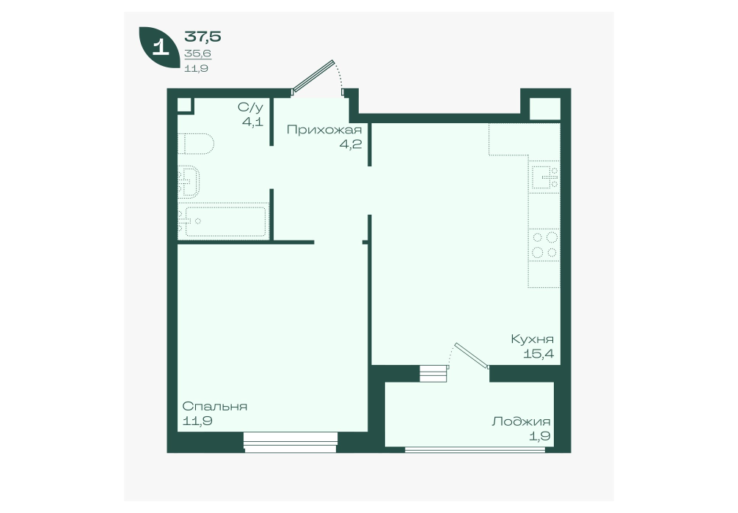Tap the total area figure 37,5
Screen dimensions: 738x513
[x=202, y=36]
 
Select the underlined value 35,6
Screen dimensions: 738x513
[x=197, y=53]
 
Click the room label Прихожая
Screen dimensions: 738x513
[x=324, y=130]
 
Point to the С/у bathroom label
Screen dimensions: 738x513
[x=250, y=107]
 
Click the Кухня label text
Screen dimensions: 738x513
[x=533, y=339]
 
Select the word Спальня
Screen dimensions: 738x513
[x=215, y=406]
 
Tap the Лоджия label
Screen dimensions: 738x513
[x=521, y=421]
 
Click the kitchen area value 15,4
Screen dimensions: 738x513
[x=538, y=353]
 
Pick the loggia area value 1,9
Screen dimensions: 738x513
[x=541, y=436]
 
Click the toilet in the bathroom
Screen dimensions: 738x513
[x=196, y=144]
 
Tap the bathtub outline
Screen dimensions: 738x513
[x=222, y=221]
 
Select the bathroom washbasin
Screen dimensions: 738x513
[x=189, y=182]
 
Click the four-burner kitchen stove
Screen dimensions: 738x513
[x=544, y=245]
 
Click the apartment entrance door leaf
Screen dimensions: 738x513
[x=313, y=75]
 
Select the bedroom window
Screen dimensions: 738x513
[x=291, y=443]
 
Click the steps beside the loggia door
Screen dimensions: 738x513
[x=433, y=374]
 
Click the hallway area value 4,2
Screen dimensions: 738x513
[x=351, y=144]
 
